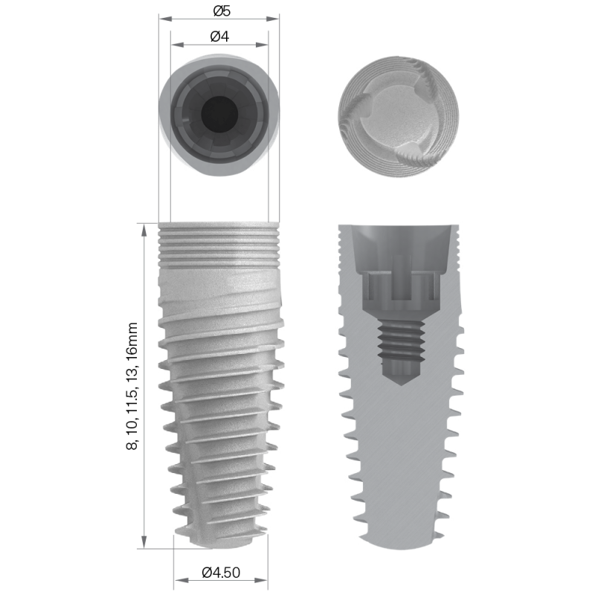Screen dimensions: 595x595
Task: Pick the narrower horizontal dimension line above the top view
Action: tap(219, 44)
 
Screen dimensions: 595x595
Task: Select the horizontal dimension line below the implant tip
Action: tap(221, 579)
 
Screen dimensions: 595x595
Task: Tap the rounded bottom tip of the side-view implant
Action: tap(221, 541)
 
